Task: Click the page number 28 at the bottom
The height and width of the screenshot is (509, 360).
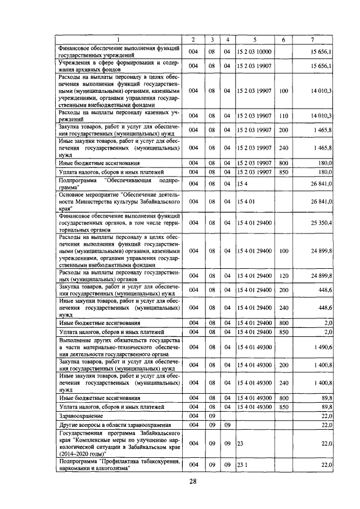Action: [192, 481]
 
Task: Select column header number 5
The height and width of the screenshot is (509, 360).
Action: [254, 39]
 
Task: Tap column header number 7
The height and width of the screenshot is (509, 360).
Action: [313, 39]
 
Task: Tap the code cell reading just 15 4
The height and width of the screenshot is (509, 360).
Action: [242, 183]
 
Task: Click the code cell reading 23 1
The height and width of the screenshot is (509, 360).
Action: [242, 465]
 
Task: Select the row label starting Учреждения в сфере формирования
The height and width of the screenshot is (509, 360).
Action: [119, 66]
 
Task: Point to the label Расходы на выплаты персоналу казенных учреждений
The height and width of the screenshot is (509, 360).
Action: [119, 116]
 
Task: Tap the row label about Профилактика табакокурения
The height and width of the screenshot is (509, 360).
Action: [119, 465]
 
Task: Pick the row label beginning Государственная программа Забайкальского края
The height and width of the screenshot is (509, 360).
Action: [119, 444]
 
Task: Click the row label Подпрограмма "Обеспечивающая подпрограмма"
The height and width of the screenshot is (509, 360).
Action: [119, 183]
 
